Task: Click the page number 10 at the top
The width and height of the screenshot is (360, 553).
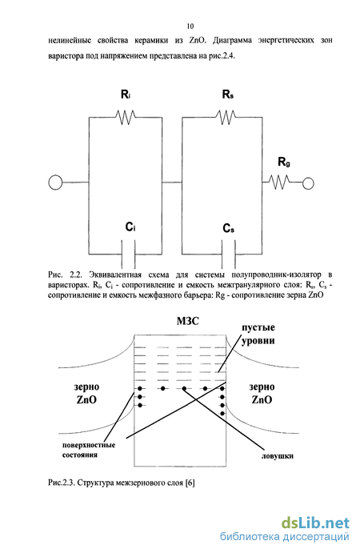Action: (x=190, y=26)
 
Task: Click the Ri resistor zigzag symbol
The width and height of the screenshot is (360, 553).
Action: (x=125, y=117)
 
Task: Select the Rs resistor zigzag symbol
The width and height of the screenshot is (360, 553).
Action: (x=226, y=117)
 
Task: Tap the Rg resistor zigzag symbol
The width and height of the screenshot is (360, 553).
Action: (x=280, y=182)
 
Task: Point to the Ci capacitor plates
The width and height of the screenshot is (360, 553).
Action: (x=128, y=254)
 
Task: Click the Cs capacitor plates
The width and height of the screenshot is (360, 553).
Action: (x=229, y=254)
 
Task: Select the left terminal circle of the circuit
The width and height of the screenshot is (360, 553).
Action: (x=55, y=182)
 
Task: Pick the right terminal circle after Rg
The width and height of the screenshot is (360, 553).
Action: (x=308, y=183)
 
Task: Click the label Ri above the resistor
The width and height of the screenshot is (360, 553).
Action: (x=126, y=94)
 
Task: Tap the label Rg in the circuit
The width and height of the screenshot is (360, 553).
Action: (x=284, y=162)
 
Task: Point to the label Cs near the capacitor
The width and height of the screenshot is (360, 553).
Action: (x=229, y=229)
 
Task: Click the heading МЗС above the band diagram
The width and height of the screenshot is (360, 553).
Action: (x=188, y=321)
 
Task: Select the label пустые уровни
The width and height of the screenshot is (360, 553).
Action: (x=258, y=334)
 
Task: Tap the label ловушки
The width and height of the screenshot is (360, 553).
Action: (x=278, y=456)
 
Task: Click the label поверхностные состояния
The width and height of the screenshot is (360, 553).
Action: (x=89, y=450)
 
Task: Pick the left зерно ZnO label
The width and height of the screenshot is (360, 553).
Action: (x=86, y=393)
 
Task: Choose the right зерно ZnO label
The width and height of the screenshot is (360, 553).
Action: (x=262, y=393)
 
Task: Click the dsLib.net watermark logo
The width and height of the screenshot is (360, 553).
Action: (x=315, y=523)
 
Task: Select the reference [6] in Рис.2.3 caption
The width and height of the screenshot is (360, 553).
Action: (x=190, y=483)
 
